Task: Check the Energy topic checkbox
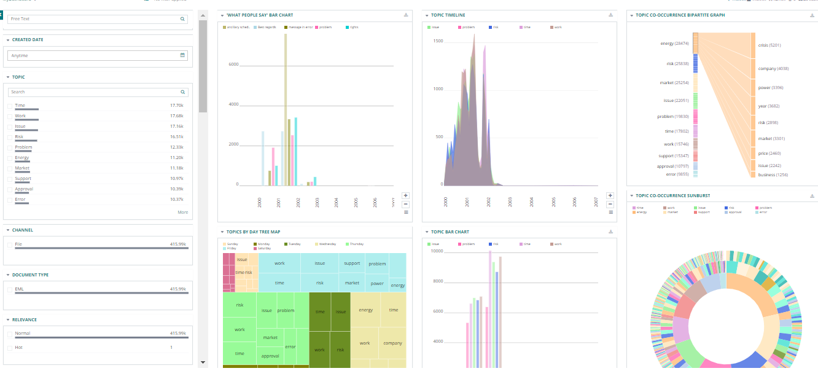[x=9, y=158]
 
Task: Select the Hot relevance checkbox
[x=9, y=348]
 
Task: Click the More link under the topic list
[x=183, y=213]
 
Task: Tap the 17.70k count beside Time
[x=176, y=106]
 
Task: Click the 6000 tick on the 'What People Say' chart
[x=233, y=64]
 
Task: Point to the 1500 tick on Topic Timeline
[x=438, y=41]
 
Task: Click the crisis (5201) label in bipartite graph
[x=769, y=45]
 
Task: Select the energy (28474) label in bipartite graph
[x=674, y=44]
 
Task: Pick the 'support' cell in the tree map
[x=352, y=264]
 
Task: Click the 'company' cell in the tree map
[x=392, y=343]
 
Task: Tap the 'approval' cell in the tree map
[x=270, y=356]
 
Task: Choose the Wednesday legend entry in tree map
[x=325, y=244]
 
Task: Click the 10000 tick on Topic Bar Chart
[x=437, y=251]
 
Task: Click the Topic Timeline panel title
[x=448, y=14]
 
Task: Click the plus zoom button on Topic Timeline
[x=610, y=195]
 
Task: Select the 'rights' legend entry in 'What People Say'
[x=353, y=27]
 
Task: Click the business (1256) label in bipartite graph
[x=773, y=175]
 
